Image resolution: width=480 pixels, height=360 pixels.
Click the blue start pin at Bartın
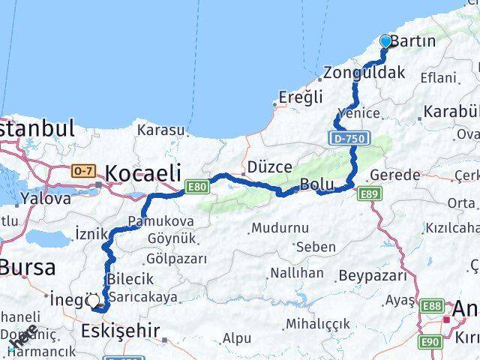pyautogui.click(x=386, y=41)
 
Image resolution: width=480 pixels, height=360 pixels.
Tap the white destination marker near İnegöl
pyautogui.click(x=94, y=301)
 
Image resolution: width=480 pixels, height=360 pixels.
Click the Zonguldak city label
pyautogui.click(x=364, y=73)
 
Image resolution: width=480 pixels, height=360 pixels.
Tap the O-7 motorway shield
pyautogui.click(x=82, y=172)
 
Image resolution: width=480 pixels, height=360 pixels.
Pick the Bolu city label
pyautogui.click(x=316, y=184)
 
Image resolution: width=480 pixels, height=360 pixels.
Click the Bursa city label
pyautogui.click(x=28, y=267)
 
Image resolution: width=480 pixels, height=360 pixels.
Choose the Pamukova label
pyautogui.click(x=161, y=221)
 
